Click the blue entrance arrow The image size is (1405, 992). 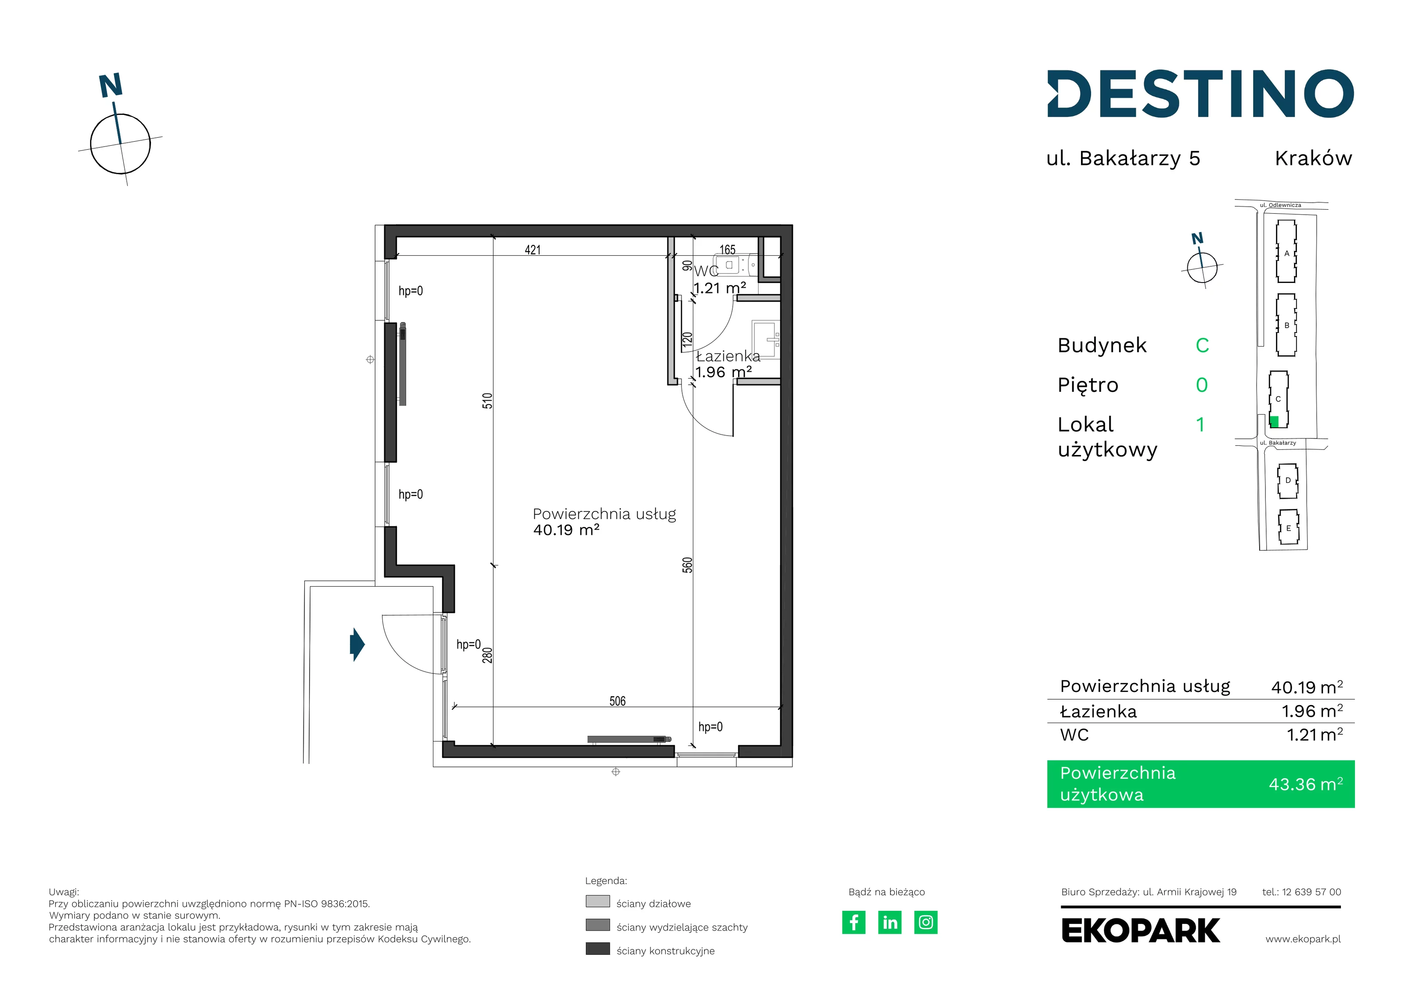tap(357, 644)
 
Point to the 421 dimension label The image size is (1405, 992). tap(533, 250)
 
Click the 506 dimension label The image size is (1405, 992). tap(617, 701)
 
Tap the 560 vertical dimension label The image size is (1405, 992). tap(687, 565)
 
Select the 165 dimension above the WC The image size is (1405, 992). tap(727, 250)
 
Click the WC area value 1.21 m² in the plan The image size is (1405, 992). tap(720, 287)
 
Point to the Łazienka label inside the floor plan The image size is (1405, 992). tap(728, 356)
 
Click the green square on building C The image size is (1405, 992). tap(1275, 421)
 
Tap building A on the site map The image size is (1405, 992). tap(1286, 251)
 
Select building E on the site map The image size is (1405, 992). tap(1288, 527)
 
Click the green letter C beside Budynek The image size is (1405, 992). tap(1203, 345)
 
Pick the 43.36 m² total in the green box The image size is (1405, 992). tap(1306, 784)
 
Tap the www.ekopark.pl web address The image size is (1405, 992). tap(1303, 939)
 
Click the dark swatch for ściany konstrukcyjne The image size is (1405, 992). tap(598, 949)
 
